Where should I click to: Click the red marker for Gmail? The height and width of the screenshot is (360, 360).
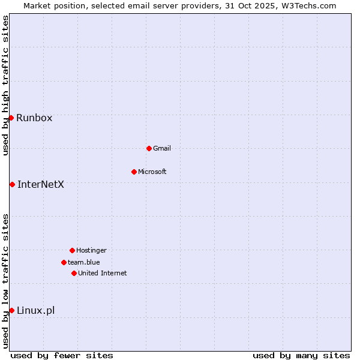tap(149, 148)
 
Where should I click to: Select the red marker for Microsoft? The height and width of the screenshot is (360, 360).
tap(134, 172)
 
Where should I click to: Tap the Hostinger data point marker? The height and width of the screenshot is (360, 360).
tap(72, 250)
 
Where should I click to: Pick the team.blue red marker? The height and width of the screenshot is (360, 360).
tap(64, 262)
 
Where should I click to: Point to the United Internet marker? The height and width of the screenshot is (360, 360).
tap(74, 273)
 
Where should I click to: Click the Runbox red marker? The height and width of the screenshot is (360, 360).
tap(11, 118)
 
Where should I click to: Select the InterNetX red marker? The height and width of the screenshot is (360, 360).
tap(12, 184)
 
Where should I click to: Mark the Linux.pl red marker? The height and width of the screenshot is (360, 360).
tap(11, 310)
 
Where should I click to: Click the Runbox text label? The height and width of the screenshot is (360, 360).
tap(34, 118)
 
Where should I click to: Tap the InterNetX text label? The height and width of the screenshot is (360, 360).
tap(41, 184)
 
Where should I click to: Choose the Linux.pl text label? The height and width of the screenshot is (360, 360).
tap(36, 310)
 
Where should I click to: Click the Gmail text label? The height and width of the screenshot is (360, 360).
tap(162, 148)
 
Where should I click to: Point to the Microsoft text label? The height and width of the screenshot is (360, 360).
tap(152, 172)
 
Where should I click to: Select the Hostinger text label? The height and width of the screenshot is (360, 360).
tap(91, 250)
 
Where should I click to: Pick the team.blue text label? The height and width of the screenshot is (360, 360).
tap(84, 262)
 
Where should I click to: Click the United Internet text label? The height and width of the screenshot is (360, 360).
tap(103, 273)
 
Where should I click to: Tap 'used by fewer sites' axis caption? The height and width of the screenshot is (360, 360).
tap(62, 355)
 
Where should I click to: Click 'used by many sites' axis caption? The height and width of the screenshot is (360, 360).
tap(301, 355)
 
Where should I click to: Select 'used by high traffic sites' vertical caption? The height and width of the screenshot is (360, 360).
tap(5, 85)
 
